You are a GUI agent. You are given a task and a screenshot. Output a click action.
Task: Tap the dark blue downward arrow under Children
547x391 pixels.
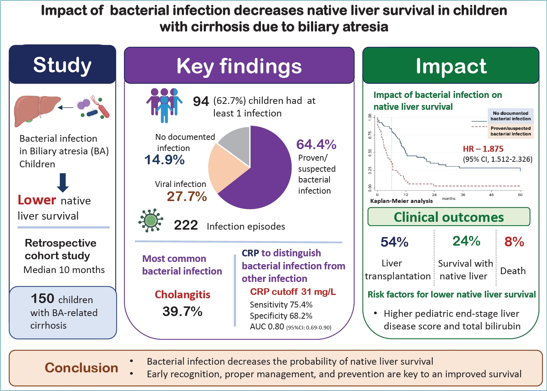tap(63, 183)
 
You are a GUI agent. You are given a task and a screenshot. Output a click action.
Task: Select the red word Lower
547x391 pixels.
tap(37, 200)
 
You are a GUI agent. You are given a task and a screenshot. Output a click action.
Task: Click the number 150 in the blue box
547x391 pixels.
tap(42, 298)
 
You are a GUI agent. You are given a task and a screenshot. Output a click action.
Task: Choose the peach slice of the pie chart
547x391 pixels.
tap(223, 169)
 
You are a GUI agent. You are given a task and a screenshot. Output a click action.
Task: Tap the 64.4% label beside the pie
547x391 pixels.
tap(316, 144)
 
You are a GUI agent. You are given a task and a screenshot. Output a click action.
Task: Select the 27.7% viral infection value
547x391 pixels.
tap(187, 196)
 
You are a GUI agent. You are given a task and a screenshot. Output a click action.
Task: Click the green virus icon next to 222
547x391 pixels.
tap(151, 220)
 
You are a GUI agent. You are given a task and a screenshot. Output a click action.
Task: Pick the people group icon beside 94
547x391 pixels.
tap(164, 105)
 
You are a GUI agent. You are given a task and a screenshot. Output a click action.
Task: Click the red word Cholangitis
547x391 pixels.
tap(183, 295)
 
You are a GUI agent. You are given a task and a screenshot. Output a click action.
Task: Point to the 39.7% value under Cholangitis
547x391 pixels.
tap(183, 312)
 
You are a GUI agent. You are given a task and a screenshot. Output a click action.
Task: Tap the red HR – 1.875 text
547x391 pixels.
tap(483, 149)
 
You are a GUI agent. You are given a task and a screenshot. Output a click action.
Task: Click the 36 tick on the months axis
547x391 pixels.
tap(463, 195)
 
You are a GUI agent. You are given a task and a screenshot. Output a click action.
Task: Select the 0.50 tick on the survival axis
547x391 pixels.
tap(370, 152)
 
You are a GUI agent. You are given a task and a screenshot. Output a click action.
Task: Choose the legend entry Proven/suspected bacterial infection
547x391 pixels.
tap(511, 131)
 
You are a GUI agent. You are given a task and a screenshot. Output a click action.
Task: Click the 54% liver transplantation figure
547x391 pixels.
tap(394, 242)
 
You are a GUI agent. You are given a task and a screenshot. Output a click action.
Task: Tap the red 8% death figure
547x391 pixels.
tap(514, 241)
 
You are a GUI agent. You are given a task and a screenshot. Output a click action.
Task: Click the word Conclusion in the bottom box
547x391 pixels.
tap(81, 368)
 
